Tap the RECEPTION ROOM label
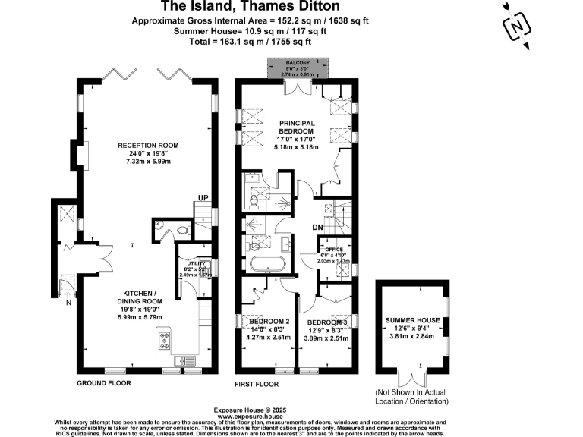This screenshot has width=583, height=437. click(x=147, y=145)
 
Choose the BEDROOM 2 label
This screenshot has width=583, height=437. click(x=270, y=321)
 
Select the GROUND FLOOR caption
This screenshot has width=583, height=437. click(x=103, y=383)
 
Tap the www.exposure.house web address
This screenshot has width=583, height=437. click(x=250, y=417)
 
